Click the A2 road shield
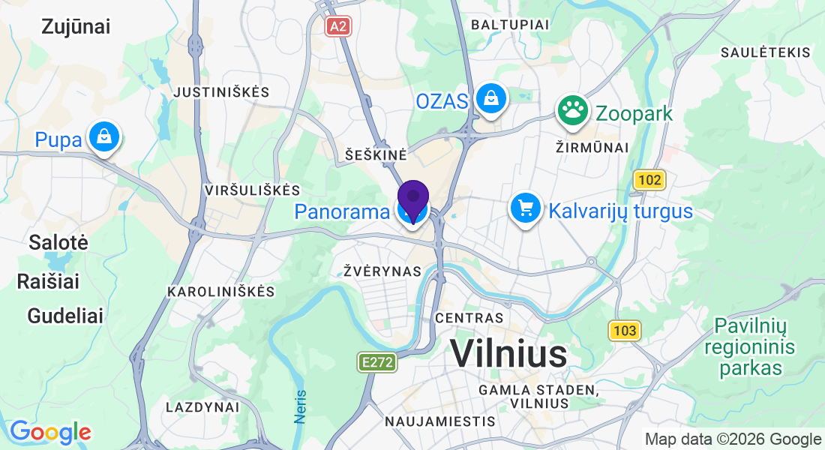coord(338,26)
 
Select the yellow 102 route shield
coord(649,180)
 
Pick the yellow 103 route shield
coord(624,330)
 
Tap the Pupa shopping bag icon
coord(103,137)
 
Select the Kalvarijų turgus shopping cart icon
coord(526,208)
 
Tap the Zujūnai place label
coord(76,27)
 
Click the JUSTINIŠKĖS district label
coord(220,92)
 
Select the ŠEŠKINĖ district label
coord(376,154)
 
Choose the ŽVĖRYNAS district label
coord(382,271)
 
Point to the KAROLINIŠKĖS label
coord(221,291)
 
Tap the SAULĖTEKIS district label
coord(765,52)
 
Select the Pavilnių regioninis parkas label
coord(750,347)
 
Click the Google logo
coord(50,432)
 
